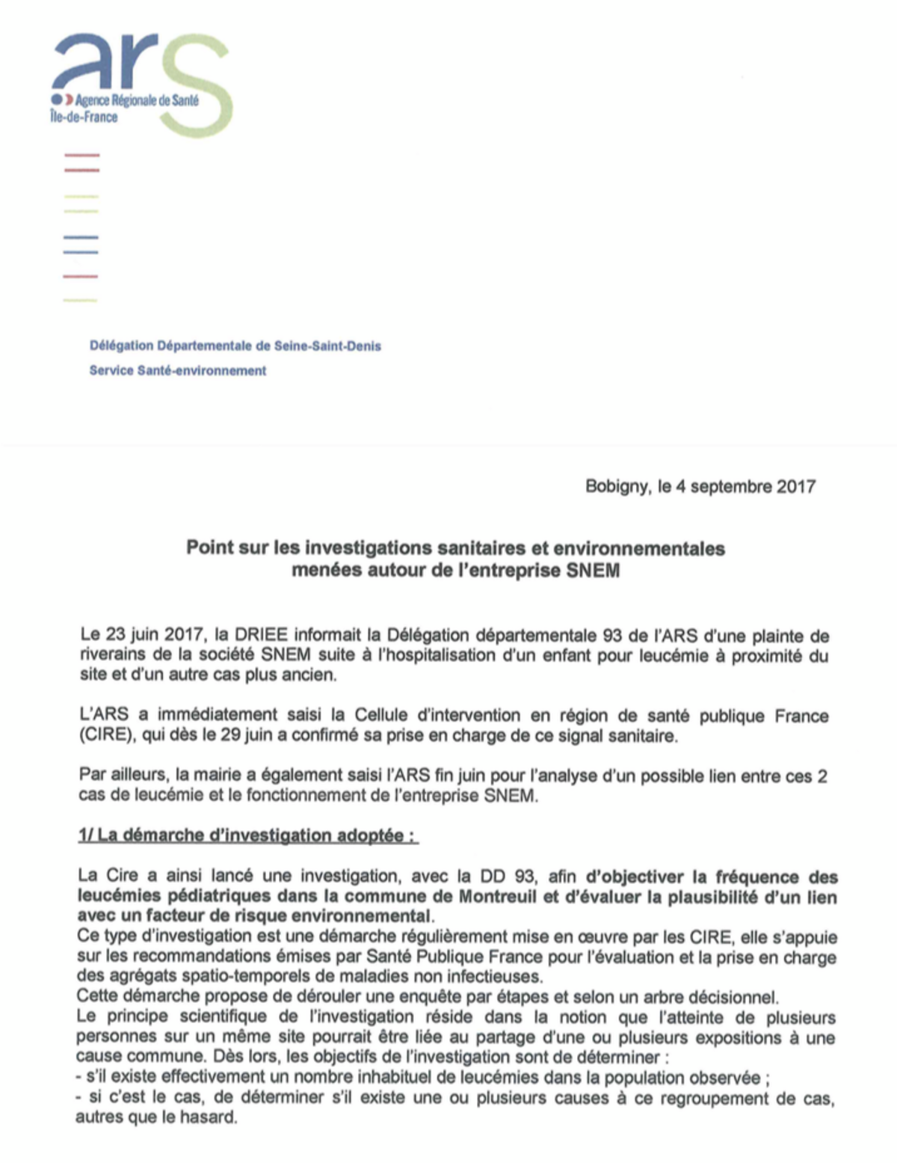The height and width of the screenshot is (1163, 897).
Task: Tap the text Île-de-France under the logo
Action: click(84, 117)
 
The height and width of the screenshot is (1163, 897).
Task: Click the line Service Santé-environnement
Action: click(178, 370)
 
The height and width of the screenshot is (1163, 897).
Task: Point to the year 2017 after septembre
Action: click(795, 487)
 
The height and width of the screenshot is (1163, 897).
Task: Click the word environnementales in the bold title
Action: click(639, 548)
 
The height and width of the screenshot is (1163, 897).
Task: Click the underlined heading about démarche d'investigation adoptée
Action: click(247, 835)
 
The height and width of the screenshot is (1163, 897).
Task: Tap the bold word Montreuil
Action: click(498, 897)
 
